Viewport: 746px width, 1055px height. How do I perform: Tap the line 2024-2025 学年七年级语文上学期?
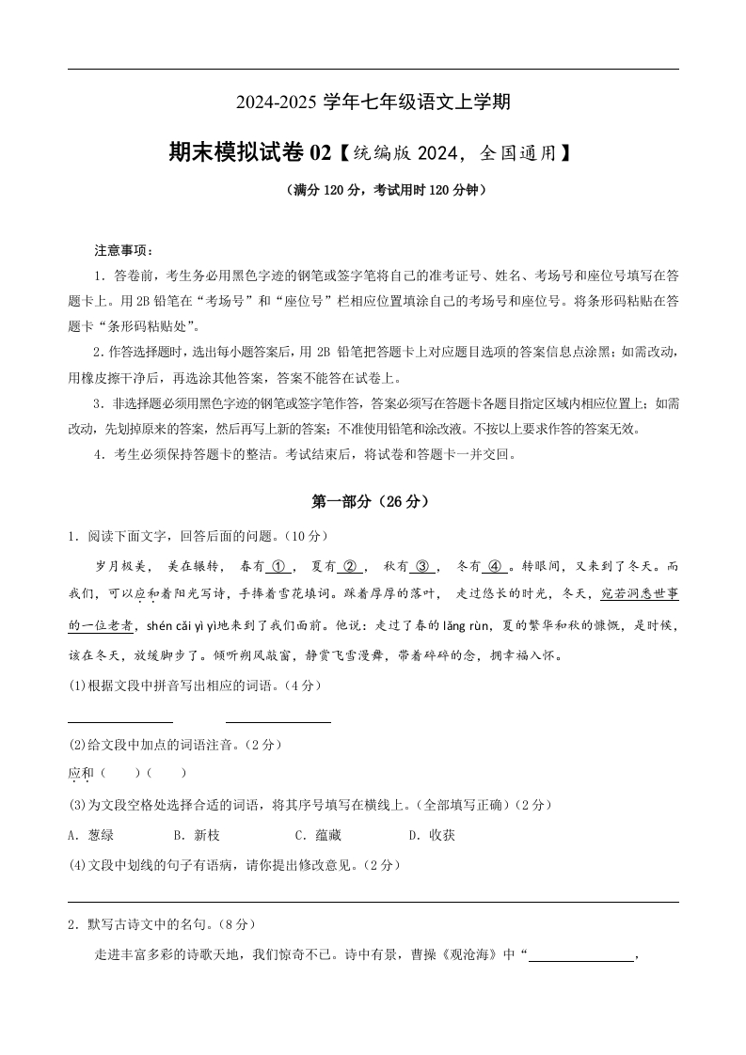[x=373, y=102]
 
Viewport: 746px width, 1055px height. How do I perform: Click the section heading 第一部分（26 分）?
[x=373, y=502]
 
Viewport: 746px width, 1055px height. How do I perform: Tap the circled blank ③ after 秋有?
[x=421, y=566]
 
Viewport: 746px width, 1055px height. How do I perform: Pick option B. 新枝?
[x=197, y=835]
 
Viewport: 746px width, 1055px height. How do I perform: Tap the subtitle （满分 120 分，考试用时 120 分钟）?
[x=373, y=190]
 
